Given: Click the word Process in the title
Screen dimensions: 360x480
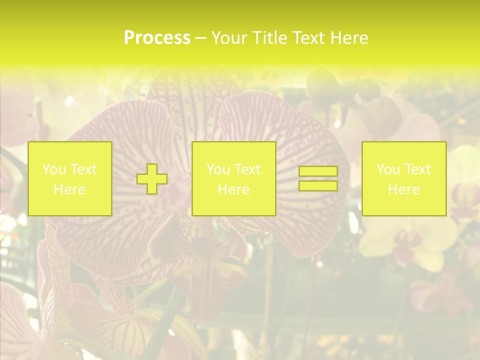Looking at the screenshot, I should (157, 38).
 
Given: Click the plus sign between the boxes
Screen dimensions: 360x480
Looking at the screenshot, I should (152, 179).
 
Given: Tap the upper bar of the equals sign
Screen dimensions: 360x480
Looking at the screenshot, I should (318, 171).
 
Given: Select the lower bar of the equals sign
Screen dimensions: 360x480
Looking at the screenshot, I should (318, 186).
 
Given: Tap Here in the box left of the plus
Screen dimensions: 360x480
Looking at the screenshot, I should (69, 189).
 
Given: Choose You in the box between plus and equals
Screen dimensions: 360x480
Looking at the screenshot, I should (218, 169).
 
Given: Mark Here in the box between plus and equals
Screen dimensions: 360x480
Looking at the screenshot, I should (233, 189).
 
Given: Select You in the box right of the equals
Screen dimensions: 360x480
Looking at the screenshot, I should (388, 169).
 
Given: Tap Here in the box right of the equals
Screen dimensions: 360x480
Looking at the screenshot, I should (403, 189).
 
